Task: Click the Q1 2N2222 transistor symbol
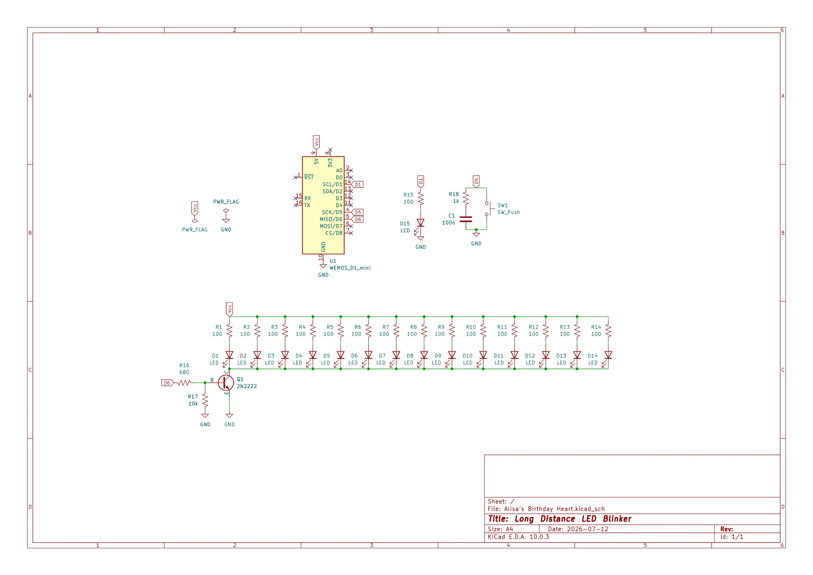[226, 383]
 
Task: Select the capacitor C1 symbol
[466, 219]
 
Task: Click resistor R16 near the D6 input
[184, 383]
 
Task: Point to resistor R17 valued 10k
[205, 400]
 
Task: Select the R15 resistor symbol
[420, 198]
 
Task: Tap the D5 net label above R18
[476, 182]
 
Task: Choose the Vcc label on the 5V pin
[316, 142]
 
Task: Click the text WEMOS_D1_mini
[350, 268]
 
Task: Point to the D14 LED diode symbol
[607, 357]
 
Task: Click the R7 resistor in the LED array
[396, 331]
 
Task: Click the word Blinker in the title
[617, 519]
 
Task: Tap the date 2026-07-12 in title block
[588, 529]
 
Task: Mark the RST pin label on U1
[309, 177]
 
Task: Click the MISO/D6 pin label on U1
[331, 219]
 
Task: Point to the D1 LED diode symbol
[228, 357]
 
